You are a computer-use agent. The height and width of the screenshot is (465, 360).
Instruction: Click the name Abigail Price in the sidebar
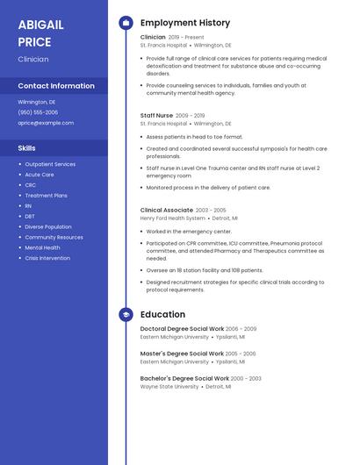click(41, 33)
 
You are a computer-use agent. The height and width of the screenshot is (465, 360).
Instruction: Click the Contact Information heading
click(56, 86)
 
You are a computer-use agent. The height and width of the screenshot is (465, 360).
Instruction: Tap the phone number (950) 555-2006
click(38, 112)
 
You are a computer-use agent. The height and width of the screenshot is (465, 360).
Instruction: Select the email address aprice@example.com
click(46, 123)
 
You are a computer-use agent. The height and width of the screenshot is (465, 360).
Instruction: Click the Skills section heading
click(27, 148)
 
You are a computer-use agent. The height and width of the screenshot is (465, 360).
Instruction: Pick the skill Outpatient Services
click(50, 164)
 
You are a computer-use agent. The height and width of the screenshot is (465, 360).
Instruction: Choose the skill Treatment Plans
click(47, 196)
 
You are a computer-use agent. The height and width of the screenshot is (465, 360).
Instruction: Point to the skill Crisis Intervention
click(47, 258)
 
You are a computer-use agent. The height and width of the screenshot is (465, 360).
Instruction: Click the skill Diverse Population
click(48, 226)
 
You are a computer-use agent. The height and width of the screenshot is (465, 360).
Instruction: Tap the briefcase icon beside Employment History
click(126, 23)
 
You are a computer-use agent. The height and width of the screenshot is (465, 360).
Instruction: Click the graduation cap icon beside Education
click(126, 314)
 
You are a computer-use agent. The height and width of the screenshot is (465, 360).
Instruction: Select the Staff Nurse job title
click(157, 115)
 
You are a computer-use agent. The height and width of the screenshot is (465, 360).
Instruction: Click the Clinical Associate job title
click(167, 210)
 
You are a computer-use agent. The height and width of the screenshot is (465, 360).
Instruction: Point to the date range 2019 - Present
click(186, 38)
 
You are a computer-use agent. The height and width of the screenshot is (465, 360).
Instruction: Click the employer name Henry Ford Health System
click(173, 218)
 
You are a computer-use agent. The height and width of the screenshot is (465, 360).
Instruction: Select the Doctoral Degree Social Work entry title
click(182, 328)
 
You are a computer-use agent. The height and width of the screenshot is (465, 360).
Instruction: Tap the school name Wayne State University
click(169, 386)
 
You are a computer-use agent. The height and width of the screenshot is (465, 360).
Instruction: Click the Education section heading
click(162, 314)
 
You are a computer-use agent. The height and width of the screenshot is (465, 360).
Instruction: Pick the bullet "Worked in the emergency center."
click(189, 232)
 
